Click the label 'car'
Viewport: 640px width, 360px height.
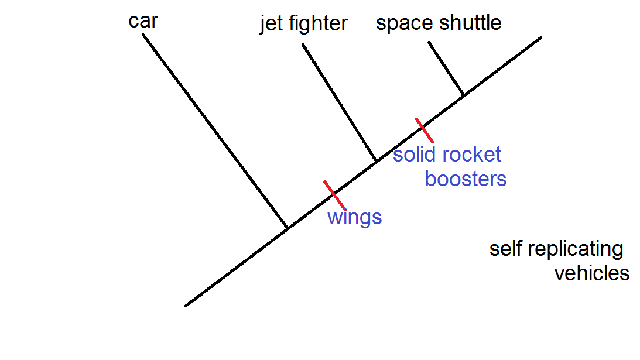tap(143, 22)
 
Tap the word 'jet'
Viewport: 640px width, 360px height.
tap(271, 24)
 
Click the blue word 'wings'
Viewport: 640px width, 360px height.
tap(354, 218)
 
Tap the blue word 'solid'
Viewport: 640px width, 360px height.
tap(413, 155)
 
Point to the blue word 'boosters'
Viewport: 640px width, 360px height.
tap(466, 179)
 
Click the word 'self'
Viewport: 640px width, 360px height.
tap(505, 249)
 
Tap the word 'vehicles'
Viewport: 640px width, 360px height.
tap(591, 273)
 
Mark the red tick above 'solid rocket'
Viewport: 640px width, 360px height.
tap(425, 130)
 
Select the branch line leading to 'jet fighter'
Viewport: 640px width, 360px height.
tap(339, 102)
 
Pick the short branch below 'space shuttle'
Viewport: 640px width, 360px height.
tap(446, 68)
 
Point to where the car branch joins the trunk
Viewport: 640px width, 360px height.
tap(288, 228)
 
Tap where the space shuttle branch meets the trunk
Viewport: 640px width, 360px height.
tap(464, 95)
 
